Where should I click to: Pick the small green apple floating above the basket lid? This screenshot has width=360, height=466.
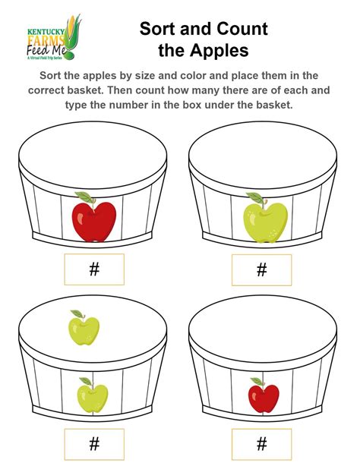coord(84,329)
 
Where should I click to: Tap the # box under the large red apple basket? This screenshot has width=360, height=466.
coord(94,269)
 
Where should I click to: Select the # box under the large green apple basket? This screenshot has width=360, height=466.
coord(262,269)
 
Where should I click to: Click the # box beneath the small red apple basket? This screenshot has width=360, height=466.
coord(262,444)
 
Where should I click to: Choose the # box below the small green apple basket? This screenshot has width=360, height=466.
coord(94,444)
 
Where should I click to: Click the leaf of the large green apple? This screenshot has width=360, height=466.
coord(255,199)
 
